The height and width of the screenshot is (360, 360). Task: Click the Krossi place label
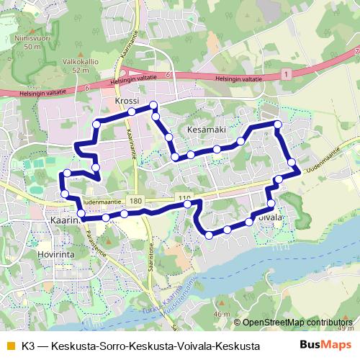coord(127,102)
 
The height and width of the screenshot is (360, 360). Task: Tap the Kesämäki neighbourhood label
coord(207,128)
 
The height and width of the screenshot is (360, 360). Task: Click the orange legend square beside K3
coord(10,346)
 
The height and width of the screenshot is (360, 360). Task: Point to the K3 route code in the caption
coord(29,346)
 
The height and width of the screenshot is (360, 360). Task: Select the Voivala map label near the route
coord(267,216)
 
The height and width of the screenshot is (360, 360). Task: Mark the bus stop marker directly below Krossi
coord(132,112)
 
